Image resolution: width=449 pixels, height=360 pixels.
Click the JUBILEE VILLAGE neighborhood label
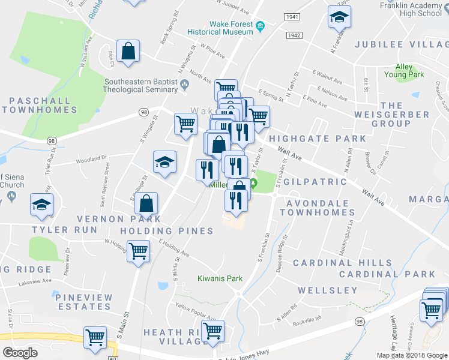[402, 44]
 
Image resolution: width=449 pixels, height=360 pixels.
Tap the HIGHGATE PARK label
[317, 139]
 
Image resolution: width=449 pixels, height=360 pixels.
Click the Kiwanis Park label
[220, 278]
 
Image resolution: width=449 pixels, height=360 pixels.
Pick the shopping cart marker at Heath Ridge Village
[212, 331]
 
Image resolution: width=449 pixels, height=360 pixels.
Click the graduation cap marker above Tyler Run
[41, 206]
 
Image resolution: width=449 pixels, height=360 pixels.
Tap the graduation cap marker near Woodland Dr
[164, 162]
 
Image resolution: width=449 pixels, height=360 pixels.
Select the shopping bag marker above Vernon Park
[146, 203]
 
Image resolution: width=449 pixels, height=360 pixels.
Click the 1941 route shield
[292, 17]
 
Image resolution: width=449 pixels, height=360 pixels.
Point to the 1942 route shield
[294, 36]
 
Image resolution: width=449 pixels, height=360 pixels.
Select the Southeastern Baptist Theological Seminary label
[140, 85]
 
